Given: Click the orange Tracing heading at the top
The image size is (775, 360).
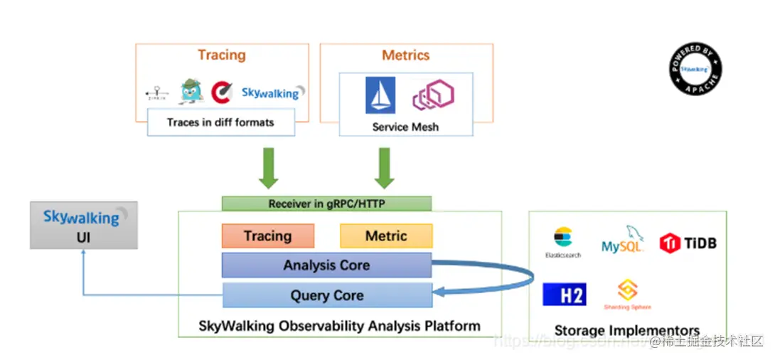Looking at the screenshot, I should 222,55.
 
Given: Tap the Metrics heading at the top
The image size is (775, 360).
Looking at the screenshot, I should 406,55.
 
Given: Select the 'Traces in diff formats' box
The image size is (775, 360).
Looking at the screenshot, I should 220,122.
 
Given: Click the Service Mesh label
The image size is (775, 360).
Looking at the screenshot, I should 405,127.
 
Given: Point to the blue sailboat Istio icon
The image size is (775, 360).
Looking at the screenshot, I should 380,95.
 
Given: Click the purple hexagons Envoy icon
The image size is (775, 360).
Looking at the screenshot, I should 433,95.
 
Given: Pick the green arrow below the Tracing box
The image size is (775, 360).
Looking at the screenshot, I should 269,168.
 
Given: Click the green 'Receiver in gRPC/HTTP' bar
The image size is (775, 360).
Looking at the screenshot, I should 326,203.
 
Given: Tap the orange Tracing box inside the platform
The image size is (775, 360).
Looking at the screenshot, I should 268,236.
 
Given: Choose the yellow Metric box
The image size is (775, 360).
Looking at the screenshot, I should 386,236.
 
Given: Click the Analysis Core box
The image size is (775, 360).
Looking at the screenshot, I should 326,265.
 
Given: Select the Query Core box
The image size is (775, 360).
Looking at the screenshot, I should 326,295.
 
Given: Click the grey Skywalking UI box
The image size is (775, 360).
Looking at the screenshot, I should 84,225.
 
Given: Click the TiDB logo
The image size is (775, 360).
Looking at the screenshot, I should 688,243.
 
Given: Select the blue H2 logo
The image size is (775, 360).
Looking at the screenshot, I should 565,295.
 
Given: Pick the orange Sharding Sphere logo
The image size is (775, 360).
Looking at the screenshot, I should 627,294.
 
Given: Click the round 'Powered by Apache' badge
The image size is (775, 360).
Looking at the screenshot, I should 695,69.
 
